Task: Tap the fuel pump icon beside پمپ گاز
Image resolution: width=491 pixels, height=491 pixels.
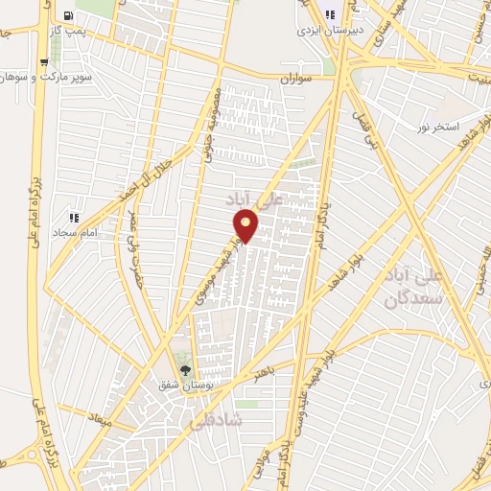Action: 68,15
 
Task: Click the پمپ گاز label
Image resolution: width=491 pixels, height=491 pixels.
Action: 69,32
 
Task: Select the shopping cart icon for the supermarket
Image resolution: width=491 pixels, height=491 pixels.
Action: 45,62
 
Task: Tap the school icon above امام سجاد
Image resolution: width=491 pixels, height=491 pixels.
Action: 74,218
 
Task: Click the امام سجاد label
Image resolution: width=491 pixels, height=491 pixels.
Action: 75,233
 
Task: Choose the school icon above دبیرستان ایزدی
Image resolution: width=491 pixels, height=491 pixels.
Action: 331,14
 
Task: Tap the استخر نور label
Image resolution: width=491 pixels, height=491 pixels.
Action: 438,127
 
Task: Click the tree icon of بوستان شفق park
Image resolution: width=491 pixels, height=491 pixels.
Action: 186,370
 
